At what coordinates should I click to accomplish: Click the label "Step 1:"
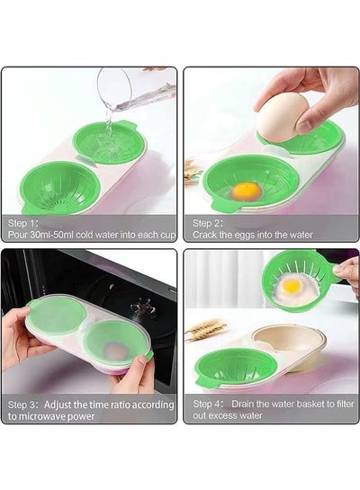pos(22,223)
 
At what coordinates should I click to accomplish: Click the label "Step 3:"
pos(22,405)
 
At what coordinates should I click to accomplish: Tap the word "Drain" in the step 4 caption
pos(243,404)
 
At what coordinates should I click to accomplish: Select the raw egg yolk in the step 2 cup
pos(247,192)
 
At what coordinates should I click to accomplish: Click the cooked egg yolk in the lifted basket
pos(292,285)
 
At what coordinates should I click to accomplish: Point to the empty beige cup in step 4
pos(289,344)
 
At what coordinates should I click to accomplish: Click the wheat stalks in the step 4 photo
pos(207,330)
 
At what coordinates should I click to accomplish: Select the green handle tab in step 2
pos(222,206)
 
